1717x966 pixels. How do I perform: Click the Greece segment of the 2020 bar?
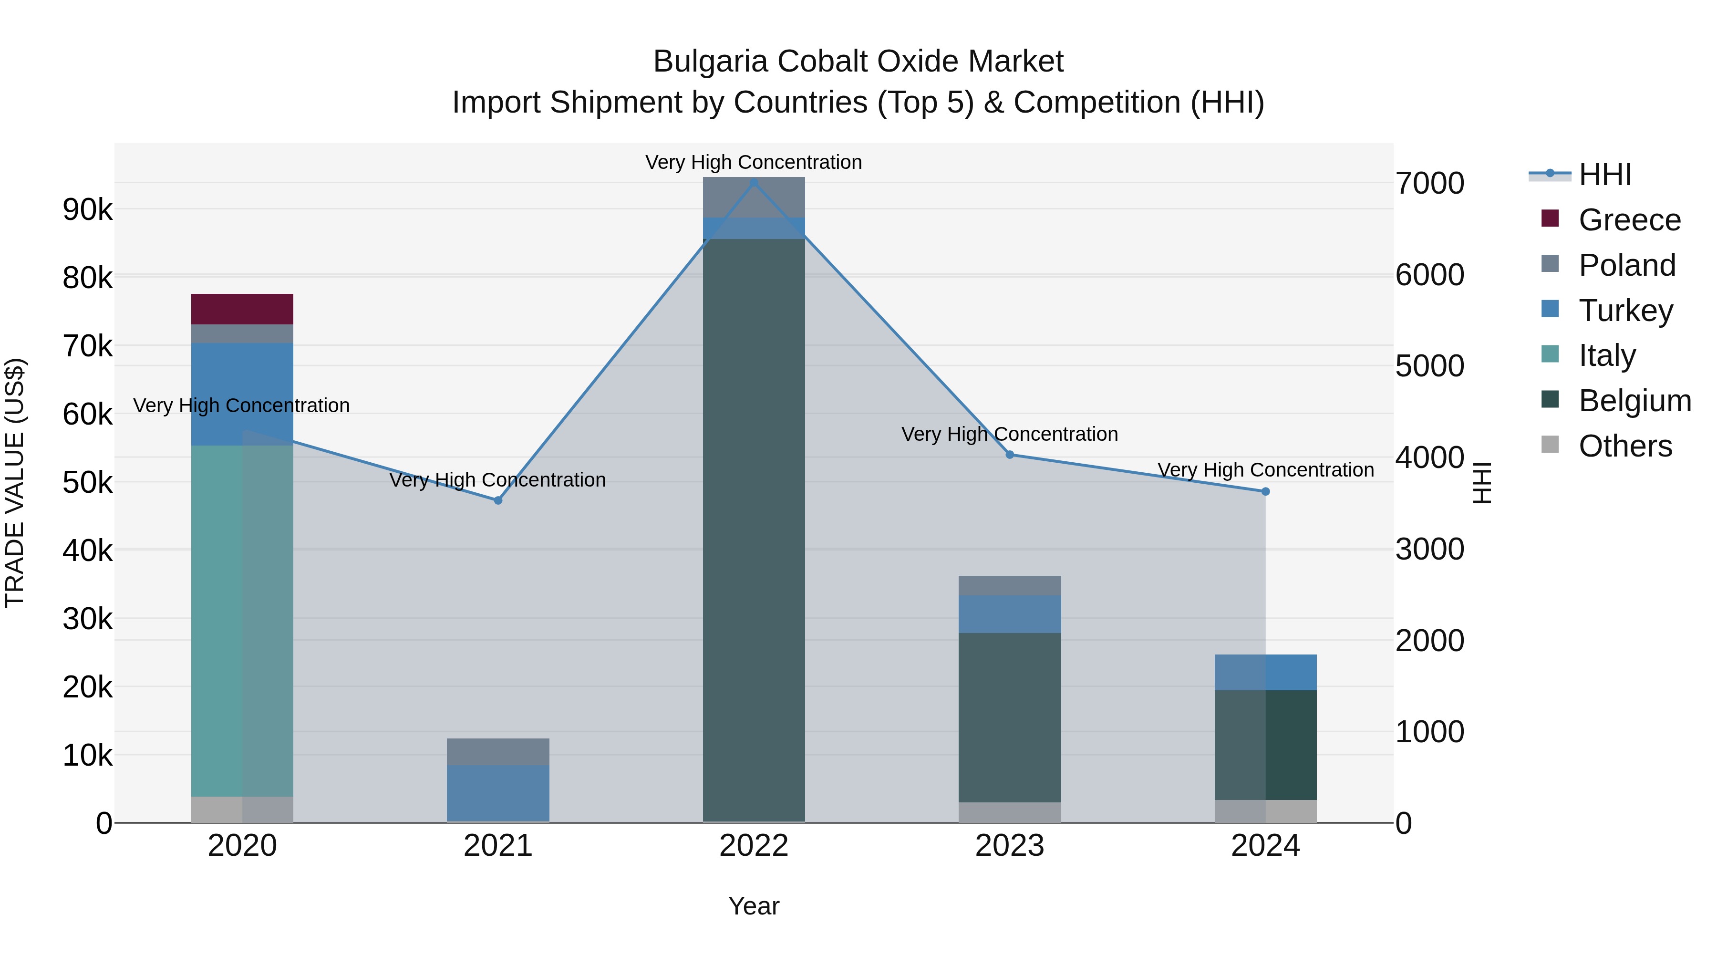click(242, 309)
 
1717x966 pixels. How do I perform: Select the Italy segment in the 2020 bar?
click(242, 620)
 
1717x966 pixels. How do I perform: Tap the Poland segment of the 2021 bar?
click(498, 751)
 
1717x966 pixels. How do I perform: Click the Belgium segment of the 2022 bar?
click(754, 530)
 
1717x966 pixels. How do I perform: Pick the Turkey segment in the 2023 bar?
click(1009, 613)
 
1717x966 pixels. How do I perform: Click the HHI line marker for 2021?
click(498, 500)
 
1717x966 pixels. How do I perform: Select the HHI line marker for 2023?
click(1009, 455)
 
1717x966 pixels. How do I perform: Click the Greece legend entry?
click(1629, 220)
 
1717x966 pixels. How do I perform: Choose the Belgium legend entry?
click(1634, 401)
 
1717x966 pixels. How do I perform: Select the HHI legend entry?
click(1604, 175)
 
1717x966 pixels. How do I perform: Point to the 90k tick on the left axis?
click(87, 210)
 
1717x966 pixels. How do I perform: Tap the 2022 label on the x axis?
click(754, 846)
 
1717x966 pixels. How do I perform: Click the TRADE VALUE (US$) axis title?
click(15, 483)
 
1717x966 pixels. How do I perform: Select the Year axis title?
click(754, 906)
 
